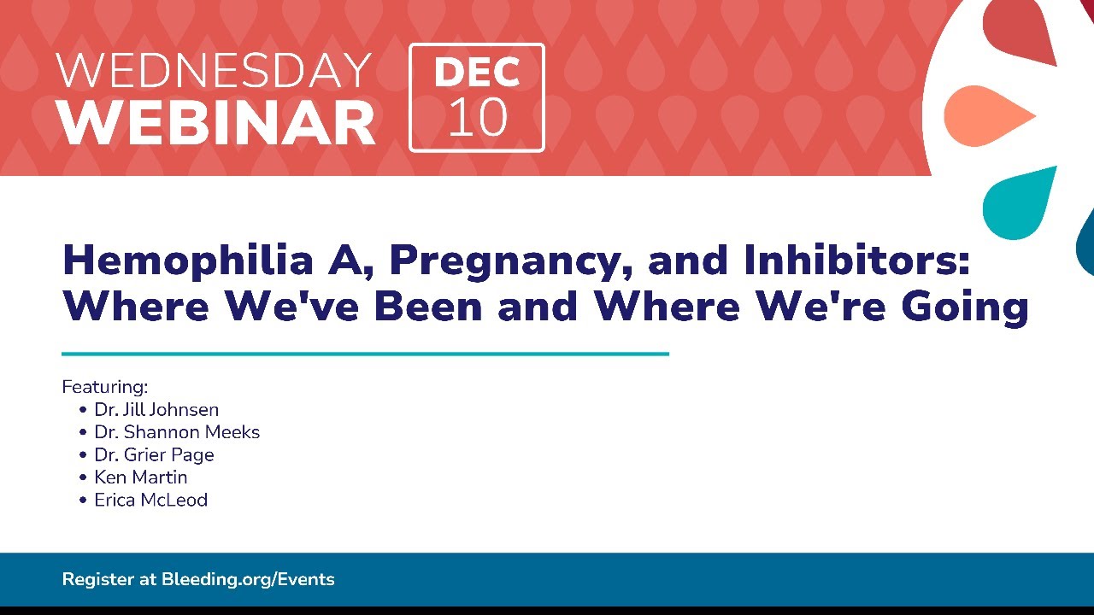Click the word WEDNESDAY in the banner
pos(214,71)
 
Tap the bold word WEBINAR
pos(215,122)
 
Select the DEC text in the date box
pos(477,73)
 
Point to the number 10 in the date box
pos(477,117)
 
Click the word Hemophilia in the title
pos(188,260)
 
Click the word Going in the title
pos(965,308)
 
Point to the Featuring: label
pos(104,387)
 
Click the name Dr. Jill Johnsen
pos(156,409)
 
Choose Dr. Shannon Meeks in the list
pos(177,432)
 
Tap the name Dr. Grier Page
pos(154,455)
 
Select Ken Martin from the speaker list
pos(141,477)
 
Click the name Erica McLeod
pos(151,500)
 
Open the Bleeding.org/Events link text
pos(248,579)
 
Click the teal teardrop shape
pos(1018,203)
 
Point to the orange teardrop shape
pos(990,116)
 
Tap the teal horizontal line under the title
pos(365,354)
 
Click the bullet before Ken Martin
pos(83,477)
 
